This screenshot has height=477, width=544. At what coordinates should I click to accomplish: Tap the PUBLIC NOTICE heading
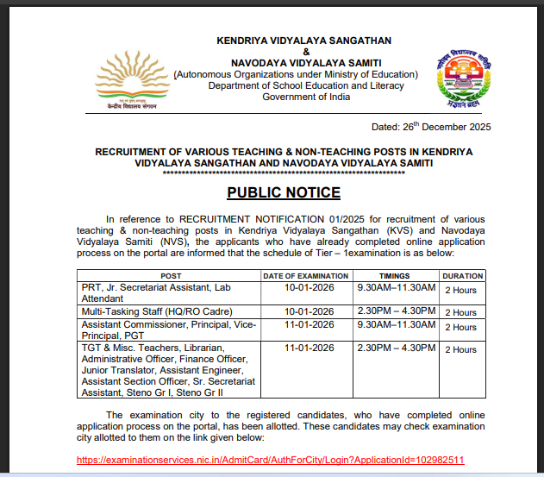click(x=284, y=192)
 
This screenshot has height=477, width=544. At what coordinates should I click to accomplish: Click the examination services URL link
click(x=271, y=460)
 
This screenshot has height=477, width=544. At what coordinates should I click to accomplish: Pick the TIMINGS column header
click(x=395, y=275)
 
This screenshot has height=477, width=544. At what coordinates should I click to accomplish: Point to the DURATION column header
click(x=463, y=275)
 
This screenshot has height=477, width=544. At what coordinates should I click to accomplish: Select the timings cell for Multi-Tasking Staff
click(x=397, y=311)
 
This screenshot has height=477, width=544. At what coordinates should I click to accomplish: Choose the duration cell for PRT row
click(x=460, y=290)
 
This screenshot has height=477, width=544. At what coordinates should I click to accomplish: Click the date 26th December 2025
click(x=431, y=127)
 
